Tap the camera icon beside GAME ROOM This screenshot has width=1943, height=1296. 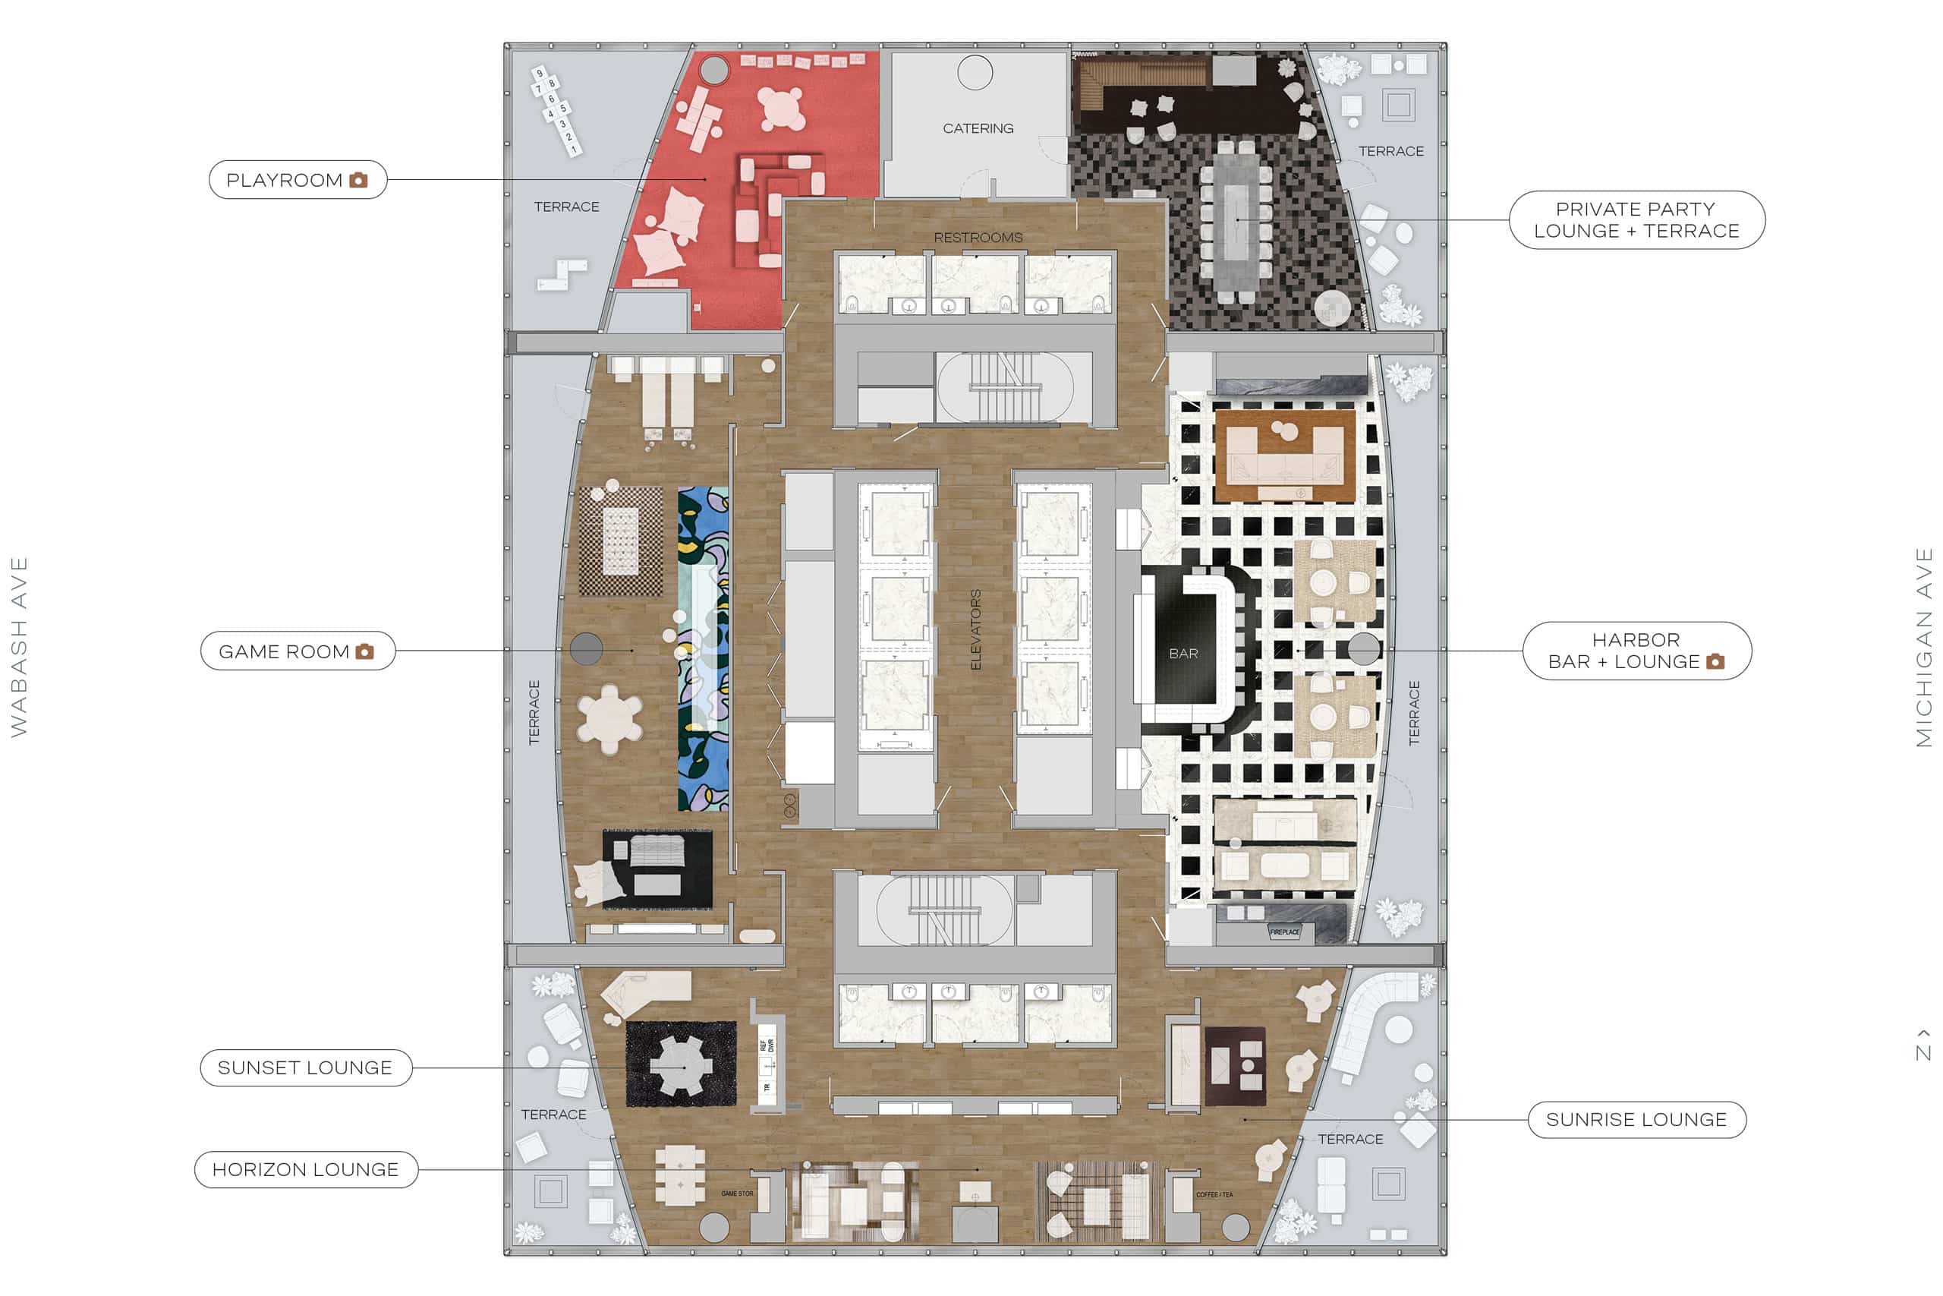click(364, 652)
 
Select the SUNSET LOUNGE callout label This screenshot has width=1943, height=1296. click(305, 1068)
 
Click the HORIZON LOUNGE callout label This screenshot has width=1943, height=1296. click(305, 1169)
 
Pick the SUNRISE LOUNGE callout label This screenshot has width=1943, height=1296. click(1636, 1120)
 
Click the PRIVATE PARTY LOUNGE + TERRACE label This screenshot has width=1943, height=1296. click(1636, 220)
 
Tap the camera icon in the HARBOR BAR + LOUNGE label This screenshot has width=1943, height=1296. click(1715, 662)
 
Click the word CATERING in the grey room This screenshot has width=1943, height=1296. click(978, 128)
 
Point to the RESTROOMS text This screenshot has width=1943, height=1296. click(978, 237)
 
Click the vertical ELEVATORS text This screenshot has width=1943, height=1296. click(975, 630)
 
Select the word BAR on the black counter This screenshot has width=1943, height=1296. click(1183, 654)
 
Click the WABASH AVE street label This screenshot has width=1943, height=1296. click(19, 647)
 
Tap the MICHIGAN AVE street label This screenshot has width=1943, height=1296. click(1924, 647)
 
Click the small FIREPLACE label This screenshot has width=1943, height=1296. click(1285, 932)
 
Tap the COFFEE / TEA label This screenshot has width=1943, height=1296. click(1214, 1194)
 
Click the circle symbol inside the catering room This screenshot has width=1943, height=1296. click(975, 73)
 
